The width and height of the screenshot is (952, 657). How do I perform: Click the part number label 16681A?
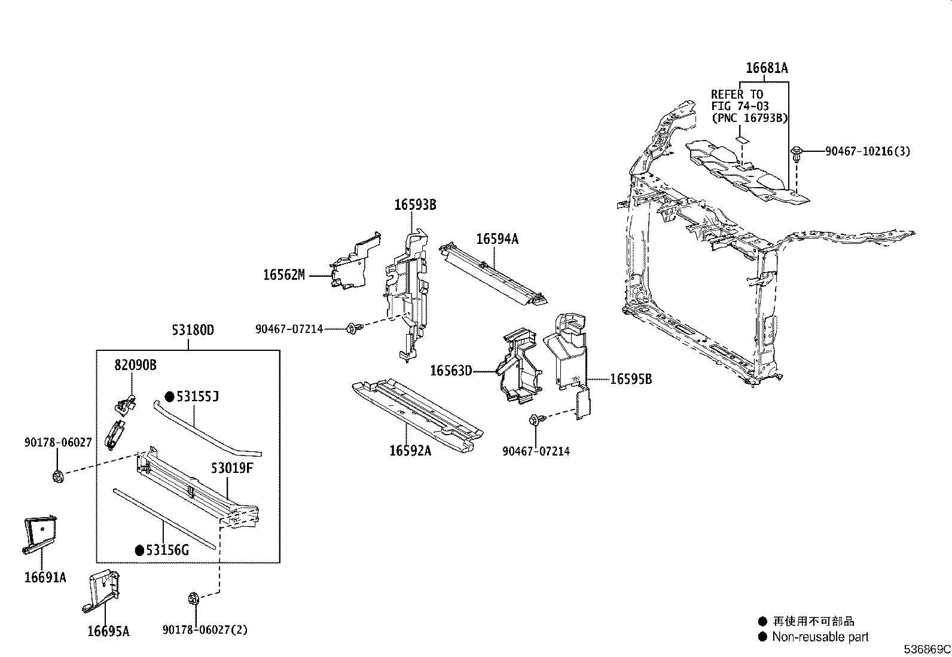tap(766, 68)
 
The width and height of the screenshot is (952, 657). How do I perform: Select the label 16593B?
tap(414, 205)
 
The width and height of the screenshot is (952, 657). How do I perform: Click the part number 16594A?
tap(497, 239)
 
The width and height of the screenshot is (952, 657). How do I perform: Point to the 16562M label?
tap(283, 275)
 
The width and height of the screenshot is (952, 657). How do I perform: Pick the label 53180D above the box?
tap(193, 329)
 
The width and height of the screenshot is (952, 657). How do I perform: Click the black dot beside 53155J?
tap(169, 396)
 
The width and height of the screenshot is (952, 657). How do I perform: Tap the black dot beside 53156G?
tap(139, 550)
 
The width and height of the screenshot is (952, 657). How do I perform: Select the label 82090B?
tap(136, 365)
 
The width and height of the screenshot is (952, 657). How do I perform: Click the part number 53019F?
tap(232, 467)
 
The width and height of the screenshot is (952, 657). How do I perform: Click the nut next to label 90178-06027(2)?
tap(193, 597)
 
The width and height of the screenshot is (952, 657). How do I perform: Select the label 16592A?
tap(410, 451)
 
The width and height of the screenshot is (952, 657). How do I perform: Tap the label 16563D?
tap(450, 371)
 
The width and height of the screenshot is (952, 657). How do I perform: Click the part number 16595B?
tap(630, 378)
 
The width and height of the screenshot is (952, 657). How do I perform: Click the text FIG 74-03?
tap(740, 106)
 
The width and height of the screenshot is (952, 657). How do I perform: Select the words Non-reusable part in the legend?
tap(820, 637)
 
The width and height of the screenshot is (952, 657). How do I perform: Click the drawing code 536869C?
tap(926, 649)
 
